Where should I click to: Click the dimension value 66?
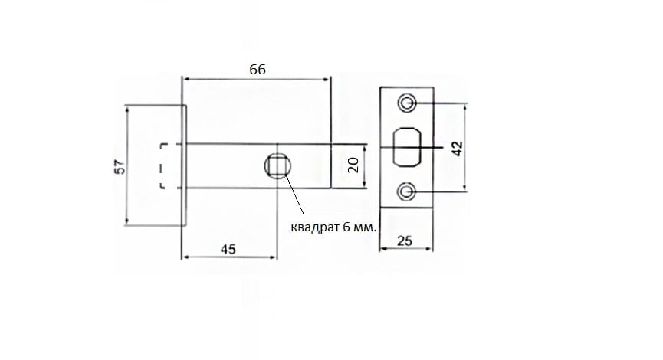coord(257,69)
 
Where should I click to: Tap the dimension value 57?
coord(120,166)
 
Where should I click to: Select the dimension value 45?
coord(228,249)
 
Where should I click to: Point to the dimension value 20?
coord(353,165)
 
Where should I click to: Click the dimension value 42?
coord(457,149)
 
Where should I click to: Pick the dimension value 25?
coord(404,241)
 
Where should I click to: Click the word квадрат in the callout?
coord(316,227)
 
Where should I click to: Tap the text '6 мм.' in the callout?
coord(359,227)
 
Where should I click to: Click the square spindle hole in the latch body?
coord(277,165)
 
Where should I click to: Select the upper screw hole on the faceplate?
coord(407,103)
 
